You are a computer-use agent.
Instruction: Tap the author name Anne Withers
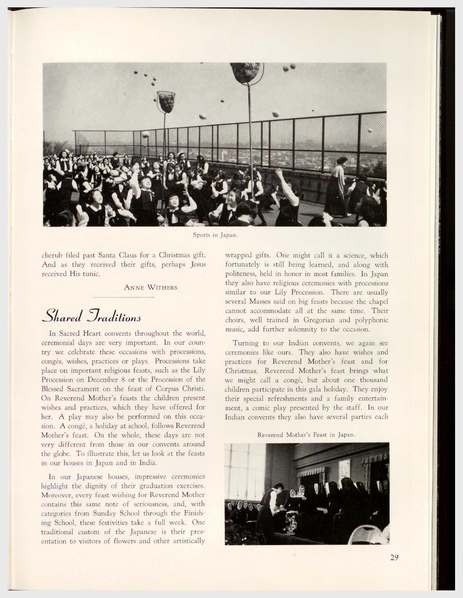click(x=151, y=288)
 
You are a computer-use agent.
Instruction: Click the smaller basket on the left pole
click(x=166, y=102)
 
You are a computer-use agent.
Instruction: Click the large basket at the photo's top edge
click(x=245, y=72)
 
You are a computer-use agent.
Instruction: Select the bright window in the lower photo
click(x=245, y=465)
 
